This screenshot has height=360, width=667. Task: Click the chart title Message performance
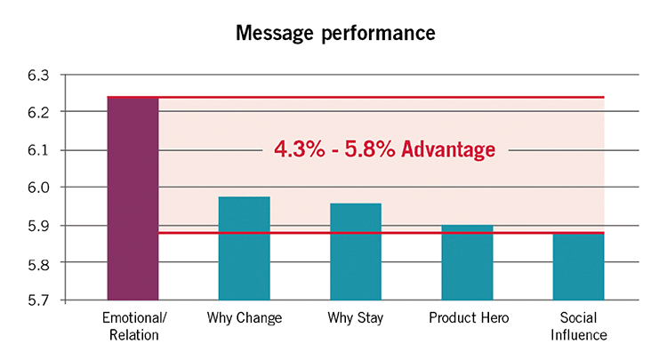coord(335,33)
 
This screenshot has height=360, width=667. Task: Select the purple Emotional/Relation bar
coord(133,199)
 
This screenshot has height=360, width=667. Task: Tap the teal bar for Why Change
coord(245,249)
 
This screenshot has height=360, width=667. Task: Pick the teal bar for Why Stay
coord(356,252)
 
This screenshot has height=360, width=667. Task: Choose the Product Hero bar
coord(467,263)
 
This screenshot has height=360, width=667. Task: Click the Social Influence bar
coord(579,267)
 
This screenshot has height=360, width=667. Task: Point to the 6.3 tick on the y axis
coord(38,76)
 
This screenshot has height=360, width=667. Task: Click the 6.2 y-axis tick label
coord(38,112)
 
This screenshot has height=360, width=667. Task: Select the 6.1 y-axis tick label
coord(38,150)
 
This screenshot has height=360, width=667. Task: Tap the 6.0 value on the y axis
coord(38,187)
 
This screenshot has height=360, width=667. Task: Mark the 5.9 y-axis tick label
coord(38,226)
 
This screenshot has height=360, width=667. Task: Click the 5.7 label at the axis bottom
coord(38,300)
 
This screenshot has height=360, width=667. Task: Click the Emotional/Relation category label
coord(134,326)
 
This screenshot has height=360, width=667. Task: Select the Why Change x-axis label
coord(245,318)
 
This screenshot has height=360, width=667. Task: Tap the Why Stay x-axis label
coord(355,318)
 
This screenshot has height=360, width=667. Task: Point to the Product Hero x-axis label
coord(469,317)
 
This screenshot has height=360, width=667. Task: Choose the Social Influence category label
coord(579,326)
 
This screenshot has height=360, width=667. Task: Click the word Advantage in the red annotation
coord(448,149)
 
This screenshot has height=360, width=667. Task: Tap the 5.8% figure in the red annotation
coord(370,149)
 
